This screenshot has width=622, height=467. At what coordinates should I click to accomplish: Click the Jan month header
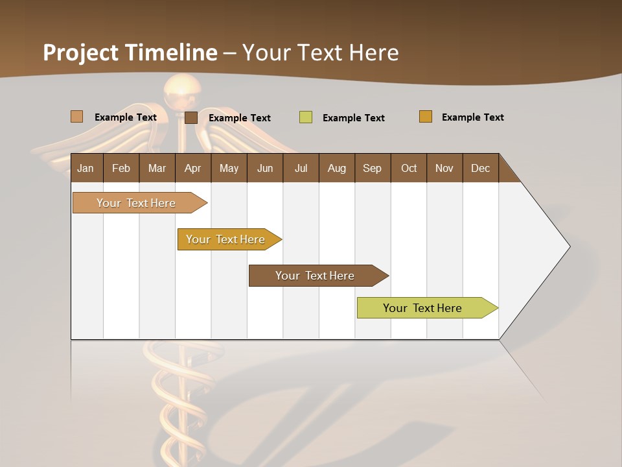coord(86,168)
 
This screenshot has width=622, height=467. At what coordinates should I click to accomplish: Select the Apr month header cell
coord(193,168)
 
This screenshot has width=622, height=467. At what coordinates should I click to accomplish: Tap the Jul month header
coord(301,168)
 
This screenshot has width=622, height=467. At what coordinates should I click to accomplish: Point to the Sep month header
coord(373,168)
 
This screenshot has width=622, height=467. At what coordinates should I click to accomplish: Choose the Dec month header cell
coord(480,168)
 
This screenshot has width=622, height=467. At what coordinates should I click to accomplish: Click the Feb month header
coord(121,168)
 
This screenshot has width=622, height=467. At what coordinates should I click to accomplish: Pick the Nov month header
coord(444,168)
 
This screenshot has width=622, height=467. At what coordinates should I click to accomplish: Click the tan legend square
coord(76,117)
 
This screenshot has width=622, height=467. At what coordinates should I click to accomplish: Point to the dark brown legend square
coord(190,117)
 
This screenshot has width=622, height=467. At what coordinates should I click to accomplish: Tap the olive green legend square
coord(305,117)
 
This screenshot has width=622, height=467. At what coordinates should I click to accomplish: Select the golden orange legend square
coord(426,117)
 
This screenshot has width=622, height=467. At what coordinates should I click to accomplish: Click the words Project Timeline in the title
coord(130,53)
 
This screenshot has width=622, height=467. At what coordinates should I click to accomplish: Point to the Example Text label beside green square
coord(354,118)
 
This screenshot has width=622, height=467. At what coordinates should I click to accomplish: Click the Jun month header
coord(265,168)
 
